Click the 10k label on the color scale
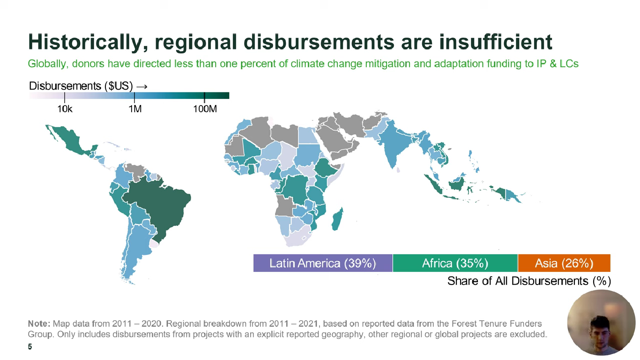pos(65,109)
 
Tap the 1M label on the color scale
pos(135,109)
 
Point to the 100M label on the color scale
pos(205,109)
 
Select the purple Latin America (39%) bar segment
pos(323,263)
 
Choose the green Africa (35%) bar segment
pos(455,263)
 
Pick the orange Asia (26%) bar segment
pos(564,263)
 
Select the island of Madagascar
pos(337,219)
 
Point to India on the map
pos(396,146)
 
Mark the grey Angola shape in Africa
pos(285,205)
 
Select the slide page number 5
pos(30,347)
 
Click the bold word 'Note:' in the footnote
pos(39,324)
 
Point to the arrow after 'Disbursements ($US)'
pos(142,86)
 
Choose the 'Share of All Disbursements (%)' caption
pos(529,281)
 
